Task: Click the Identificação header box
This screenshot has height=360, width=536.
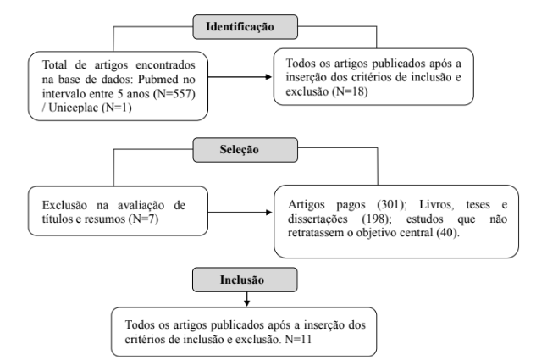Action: [245, 26]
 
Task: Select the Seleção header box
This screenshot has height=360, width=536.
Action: [245, 150]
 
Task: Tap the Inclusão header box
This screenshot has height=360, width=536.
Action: [245, 280]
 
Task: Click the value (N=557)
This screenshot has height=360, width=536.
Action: [174, 94]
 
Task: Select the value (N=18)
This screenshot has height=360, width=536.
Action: [350, 91]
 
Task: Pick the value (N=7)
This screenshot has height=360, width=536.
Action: [144, 219]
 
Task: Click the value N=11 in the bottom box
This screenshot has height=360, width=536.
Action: [298, 339]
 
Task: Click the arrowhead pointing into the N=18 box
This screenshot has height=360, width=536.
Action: [268, 77]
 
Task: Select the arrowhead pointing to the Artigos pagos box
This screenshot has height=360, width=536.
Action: [269, 213]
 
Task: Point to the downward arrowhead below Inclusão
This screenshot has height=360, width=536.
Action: [246, 303]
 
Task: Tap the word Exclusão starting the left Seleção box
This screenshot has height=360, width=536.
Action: [64, 205]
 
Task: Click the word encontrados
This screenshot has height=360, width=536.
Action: [165, 65]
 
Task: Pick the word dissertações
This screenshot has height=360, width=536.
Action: [318, 219]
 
